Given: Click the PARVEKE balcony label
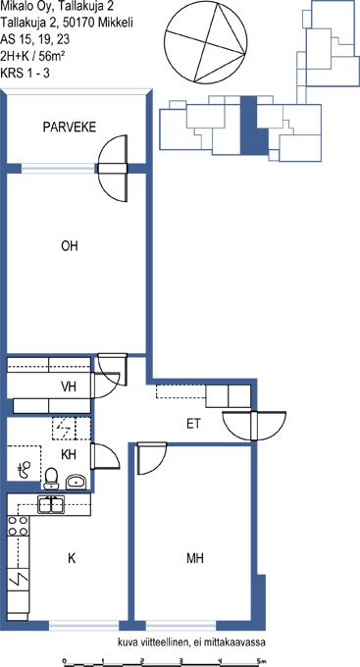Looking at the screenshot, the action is (70, 128).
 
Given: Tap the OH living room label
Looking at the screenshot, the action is (70, 246).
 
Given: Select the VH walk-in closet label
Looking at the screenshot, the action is (70, 386).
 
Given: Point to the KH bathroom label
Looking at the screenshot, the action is (69, 455).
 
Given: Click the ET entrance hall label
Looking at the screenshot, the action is (193, 424).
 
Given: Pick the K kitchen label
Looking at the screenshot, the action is (72, 558).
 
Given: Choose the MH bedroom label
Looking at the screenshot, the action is (194, 558).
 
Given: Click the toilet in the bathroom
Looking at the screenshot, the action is (51, 478).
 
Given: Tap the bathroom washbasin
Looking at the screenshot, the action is (77, 482).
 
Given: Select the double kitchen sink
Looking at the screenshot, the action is (51, 505).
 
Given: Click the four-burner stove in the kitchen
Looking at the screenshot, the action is (19, 526).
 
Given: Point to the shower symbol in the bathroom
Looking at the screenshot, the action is (25, 469).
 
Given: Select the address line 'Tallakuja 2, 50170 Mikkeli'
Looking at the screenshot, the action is (67, 23).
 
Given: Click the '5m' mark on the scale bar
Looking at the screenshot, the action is (261, 660).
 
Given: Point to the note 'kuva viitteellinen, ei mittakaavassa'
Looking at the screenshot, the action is (191, 642).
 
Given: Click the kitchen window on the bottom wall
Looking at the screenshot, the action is (83, 626).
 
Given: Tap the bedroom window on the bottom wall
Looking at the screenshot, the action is (181, 626).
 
